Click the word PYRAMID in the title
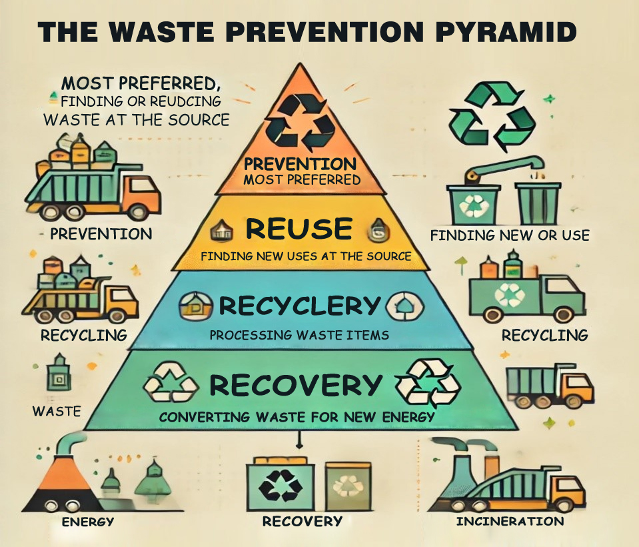pyautogui.click(x=506, y=32)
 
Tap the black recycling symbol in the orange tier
pyautogui.click(x=300, y=121)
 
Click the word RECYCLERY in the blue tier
pyautogui.click(x=300, y=306)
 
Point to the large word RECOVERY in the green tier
pyautogui.click(x=295, y=385)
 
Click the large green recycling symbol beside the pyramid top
pyautogui.click(x=492, y=117)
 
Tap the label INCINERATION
pyautogui.click(x=510, y=521)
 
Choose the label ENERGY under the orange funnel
pyautogui.click(x=87, y=522)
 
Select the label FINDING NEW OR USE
pyautogui.click(x=510, y=235)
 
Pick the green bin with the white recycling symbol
pyautogui.click(x=473, y=205)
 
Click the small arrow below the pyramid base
pyautogui.click(x=300, y=440)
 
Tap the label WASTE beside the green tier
pyautogui.click(x=57, y=411)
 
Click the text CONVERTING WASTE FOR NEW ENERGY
pyautogui.click(x=297, y=418)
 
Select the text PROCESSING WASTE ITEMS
pyautogui.click(x=299, y=336)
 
